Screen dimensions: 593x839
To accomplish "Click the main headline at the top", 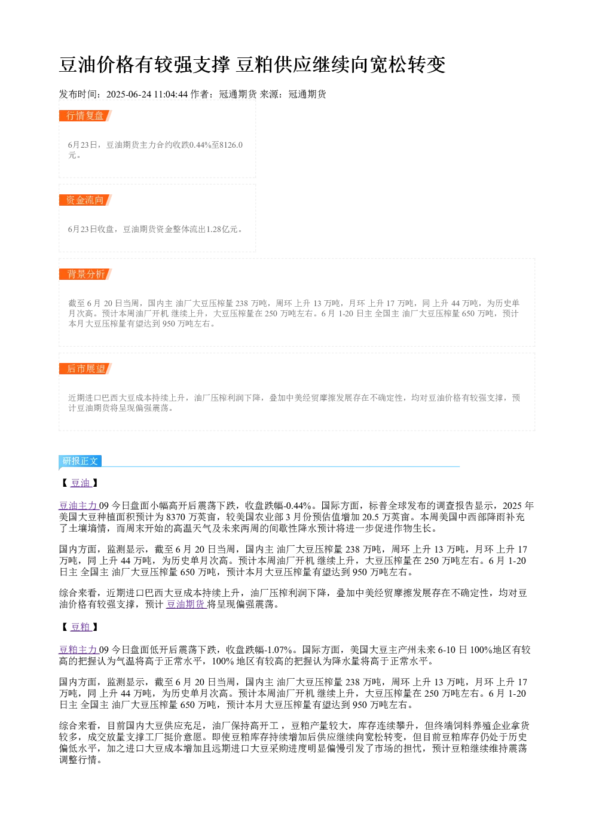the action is pos(252,64).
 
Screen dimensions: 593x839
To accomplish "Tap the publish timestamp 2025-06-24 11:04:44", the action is pos(146,94).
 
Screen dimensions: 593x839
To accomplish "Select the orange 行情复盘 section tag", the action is pos(85,115).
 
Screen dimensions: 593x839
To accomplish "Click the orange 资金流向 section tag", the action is pos(85,200).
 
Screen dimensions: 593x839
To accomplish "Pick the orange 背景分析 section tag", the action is pos(85,274).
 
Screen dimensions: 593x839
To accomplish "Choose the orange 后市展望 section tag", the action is pos(85,368).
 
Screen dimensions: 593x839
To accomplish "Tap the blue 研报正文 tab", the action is pos(80,460).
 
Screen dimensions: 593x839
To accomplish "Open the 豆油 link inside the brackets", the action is pos(81,483).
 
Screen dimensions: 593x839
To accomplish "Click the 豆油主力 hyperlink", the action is pos(79,506).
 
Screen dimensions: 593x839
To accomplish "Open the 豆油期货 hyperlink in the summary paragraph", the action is pos(186,604).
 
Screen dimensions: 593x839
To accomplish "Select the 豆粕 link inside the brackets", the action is pos(81,627).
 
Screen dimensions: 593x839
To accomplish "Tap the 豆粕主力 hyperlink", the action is pos(79,649).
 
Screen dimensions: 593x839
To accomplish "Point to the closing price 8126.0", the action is pos(231,145).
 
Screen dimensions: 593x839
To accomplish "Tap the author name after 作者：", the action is pos(238,94).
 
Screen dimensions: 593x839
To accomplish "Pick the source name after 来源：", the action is pos(307,94).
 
